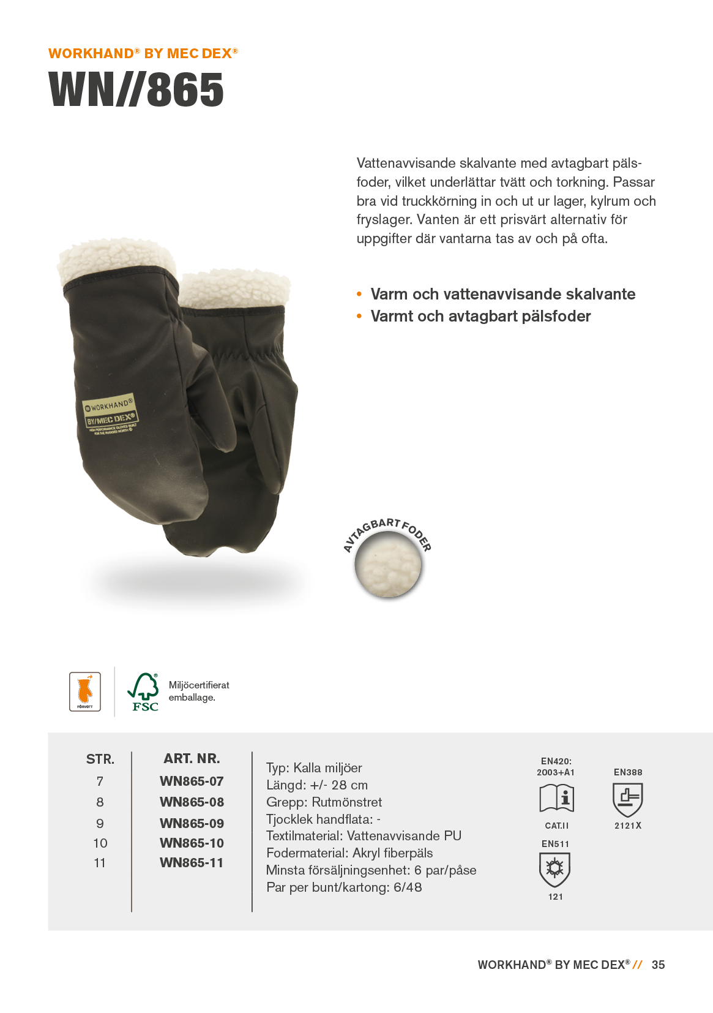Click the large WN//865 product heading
(136, 90)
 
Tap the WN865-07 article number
(192, 781)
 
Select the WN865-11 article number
(192, 863)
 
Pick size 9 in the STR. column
(100, 824)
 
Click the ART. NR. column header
(192, 759)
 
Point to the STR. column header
(100, 759)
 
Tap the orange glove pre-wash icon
(85, 691)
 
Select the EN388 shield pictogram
(627, 799)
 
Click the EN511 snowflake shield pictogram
(554, 869)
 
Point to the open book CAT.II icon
(556, 799)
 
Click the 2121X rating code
(628, 826)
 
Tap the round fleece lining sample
(388, 564)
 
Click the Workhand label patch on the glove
(110, 413)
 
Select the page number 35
(658, 965)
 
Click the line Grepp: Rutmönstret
(324, 802)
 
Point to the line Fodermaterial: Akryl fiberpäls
(349, 853)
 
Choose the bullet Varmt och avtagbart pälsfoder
(480, 317)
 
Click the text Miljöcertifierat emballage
(199, 691)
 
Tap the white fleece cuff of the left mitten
(113, 260)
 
